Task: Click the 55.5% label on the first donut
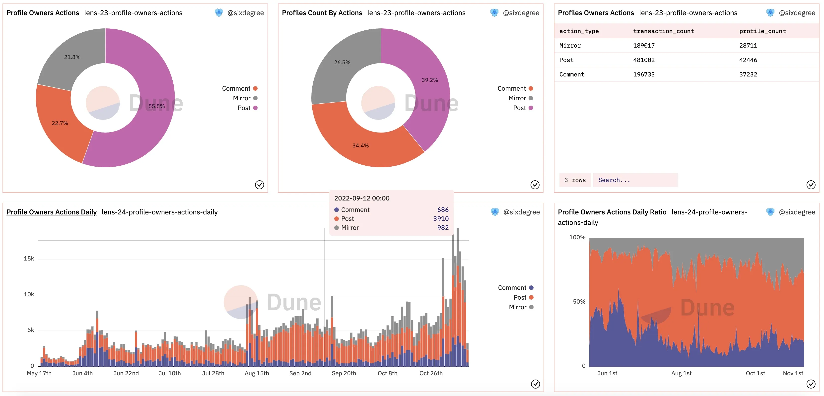click(x=156, y=106)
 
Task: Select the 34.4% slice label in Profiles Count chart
click(x=360, y=145)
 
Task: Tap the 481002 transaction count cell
click(x=644, y=60)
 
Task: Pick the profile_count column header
click(x=762, y=31)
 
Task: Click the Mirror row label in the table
click(x=570, y=45)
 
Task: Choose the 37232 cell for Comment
click(x=748, y=74)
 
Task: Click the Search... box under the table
click(x=635, y=180)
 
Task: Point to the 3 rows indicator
click(x=575, y=180)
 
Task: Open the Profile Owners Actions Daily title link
click(x=52, y=212)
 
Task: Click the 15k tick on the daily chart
click(x=29, y=259)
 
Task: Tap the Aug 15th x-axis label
click(x=257, y=373)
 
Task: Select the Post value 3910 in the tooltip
click(x=441, y=218)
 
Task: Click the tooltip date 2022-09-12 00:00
click(x=362, y=198)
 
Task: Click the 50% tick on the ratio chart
click(x=579, y=302)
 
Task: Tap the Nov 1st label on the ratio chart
click(x=793, y=373)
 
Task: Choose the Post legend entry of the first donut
click(x=248, y=108)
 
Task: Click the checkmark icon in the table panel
click(x=811, y=185)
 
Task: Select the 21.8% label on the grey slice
click(x=72, y=57)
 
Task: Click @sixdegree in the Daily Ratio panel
click(x=797, y=212)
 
